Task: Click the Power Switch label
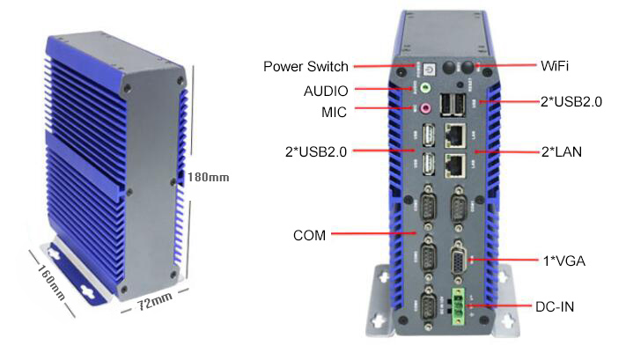point(306,67)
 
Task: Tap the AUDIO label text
point(326,90)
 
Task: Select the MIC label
point(335,112)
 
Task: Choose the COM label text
point(309,236)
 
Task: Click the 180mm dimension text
point(208,177)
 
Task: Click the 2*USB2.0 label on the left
point(316,151)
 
